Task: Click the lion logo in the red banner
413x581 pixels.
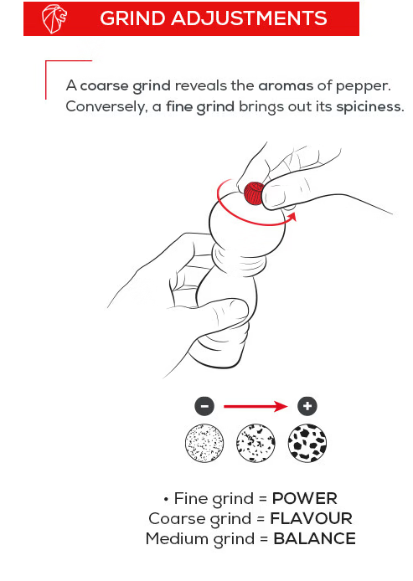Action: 54,18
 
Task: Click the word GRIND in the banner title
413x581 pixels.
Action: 132,18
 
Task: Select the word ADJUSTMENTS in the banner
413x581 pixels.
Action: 249,18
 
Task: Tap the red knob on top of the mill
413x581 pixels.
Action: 254,193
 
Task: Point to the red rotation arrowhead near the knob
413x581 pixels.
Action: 292,217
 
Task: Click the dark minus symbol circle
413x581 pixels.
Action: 204,406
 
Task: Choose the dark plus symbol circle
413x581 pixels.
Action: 307,406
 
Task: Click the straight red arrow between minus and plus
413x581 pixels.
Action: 256,406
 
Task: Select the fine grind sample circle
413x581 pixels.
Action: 204,443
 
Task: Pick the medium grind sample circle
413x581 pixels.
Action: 256,443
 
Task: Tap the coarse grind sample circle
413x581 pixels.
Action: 307,443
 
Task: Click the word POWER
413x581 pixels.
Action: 305,498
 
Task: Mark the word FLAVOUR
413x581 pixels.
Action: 312,518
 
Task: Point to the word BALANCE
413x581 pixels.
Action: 315,538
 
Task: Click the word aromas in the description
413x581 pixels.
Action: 286,86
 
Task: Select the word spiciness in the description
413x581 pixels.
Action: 370,106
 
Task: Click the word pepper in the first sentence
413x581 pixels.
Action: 363,87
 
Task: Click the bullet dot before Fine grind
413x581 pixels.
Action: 166,500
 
